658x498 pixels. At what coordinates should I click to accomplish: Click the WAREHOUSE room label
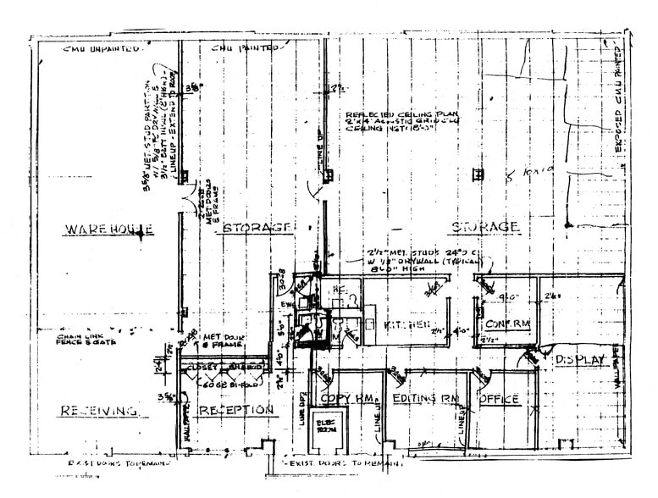click(x=109, y=230)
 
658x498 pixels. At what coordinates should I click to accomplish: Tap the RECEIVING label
click(x=98, y=412)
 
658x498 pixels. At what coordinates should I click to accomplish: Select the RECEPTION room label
click(x=236, y=411)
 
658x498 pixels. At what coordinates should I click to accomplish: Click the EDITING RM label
click(x=425, y=398)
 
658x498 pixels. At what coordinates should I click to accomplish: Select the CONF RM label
click(x=506, y=324)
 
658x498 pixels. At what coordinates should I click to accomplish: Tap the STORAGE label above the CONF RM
click(x=484, y=227)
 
